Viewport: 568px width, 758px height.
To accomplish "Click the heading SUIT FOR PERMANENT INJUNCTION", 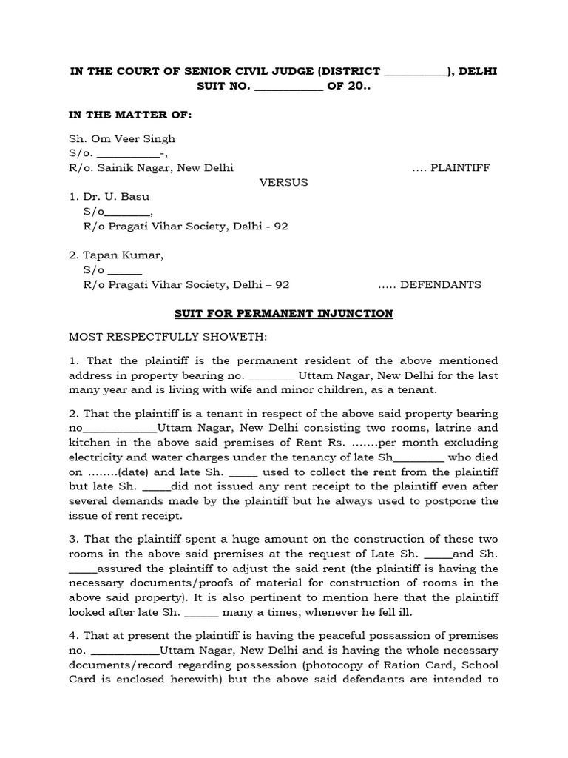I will (x=283, y=314).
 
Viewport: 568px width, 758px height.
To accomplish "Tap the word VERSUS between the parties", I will (x=283, y=182).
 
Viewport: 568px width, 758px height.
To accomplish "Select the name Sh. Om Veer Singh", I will (x=122, y=138).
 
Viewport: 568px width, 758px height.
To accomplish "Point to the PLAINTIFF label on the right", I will (x=461, y=168).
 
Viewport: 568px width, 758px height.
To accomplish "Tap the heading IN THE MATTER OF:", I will (x=129, y=115).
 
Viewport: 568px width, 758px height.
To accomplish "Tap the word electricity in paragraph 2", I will (x=96, y=457).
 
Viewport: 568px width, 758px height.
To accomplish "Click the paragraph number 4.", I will (x=73, y=636).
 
